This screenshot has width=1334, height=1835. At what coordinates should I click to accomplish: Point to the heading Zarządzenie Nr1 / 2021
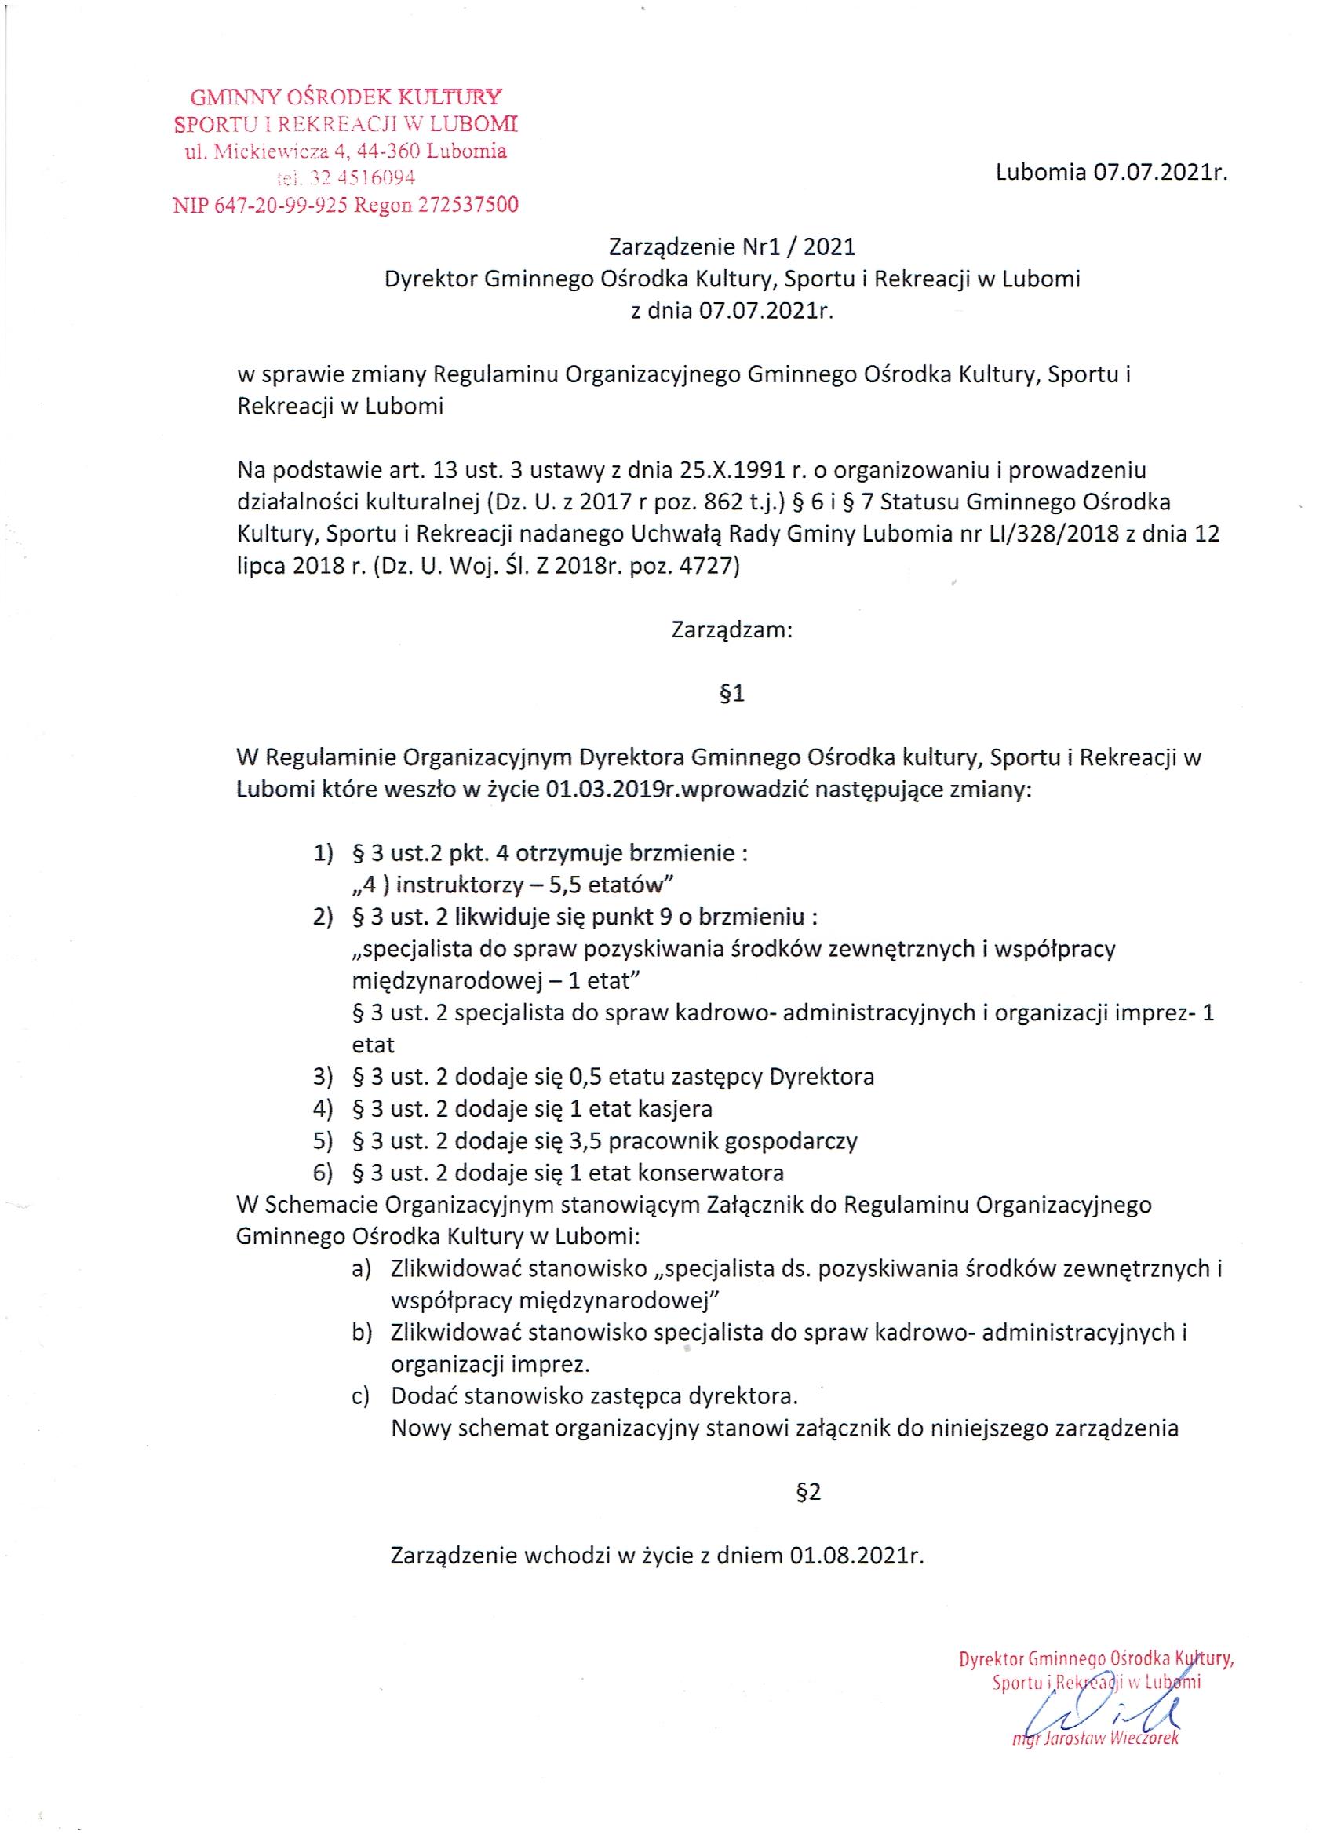(731, 246)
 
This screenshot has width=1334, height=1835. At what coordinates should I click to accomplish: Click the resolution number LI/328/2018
(1051, 534)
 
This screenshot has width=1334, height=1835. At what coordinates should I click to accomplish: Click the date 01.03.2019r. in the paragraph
(609, 789)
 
